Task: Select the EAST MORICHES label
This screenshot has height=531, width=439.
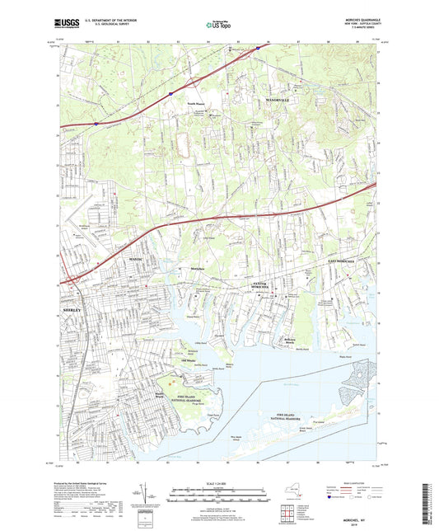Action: [338, 261]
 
